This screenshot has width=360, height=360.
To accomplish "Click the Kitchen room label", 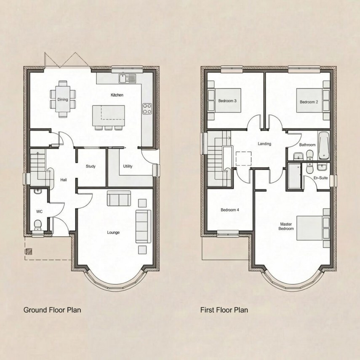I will (x=117, y=95).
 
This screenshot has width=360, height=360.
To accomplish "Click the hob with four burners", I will (x=147, y=109).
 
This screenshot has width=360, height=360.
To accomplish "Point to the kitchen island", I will (x=109, y=113).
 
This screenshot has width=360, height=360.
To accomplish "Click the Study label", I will (x=91, y=166).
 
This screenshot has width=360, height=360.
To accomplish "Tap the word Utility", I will (x=128, y=166).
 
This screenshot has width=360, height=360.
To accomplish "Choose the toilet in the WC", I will (x=38, y=224).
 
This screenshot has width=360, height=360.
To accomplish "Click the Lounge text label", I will (x=113, y=232).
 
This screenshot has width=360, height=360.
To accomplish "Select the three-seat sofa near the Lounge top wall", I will (x=119, y=198).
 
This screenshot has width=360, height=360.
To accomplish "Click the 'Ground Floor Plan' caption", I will (x=52, y=310).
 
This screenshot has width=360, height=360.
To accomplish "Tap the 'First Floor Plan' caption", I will (x=224, y=310).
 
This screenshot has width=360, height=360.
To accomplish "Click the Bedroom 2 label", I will (x=309, y=102).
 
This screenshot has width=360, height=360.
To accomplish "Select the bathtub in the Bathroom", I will (x=323, y=146).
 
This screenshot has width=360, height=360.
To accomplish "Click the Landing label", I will (x=264, y=144).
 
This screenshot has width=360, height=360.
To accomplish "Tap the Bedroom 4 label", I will (x=229, y=210).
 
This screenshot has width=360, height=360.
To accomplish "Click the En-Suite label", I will (x=321, y=178).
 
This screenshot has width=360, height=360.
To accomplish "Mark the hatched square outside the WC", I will (x=29, y=251).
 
